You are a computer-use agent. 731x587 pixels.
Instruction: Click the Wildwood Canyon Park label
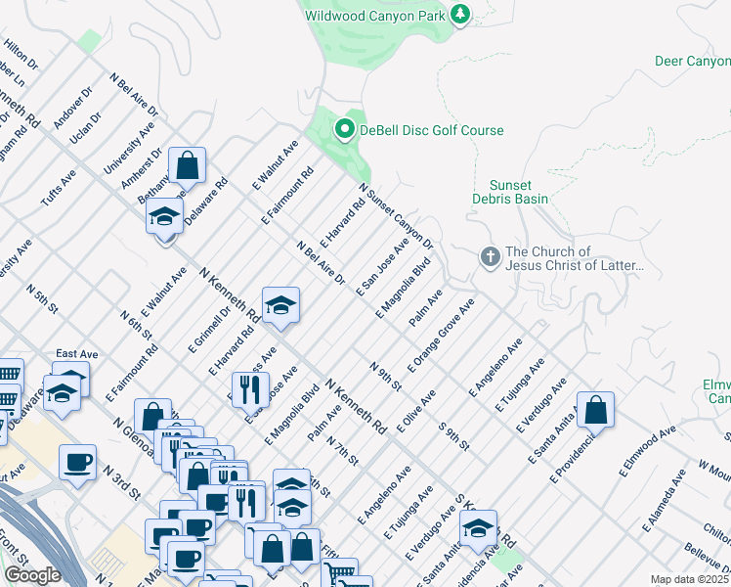374,16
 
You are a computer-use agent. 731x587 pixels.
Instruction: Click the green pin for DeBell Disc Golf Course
344,129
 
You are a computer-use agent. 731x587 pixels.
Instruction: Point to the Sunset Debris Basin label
519,192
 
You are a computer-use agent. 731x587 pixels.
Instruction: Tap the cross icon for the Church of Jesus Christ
490,257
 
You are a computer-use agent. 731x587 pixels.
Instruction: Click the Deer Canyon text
692,62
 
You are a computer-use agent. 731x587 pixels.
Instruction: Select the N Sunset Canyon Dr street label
395,215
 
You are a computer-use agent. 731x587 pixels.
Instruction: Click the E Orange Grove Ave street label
443,336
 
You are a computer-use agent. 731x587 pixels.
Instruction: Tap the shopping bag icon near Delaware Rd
188,164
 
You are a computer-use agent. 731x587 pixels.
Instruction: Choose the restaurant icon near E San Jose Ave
250,388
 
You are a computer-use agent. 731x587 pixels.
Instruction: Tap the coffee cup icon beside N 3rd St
77,462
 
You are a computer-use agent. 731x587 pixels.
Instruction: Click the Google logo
33,575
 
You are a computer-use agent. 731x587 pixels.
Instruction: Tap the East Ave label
75,354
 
